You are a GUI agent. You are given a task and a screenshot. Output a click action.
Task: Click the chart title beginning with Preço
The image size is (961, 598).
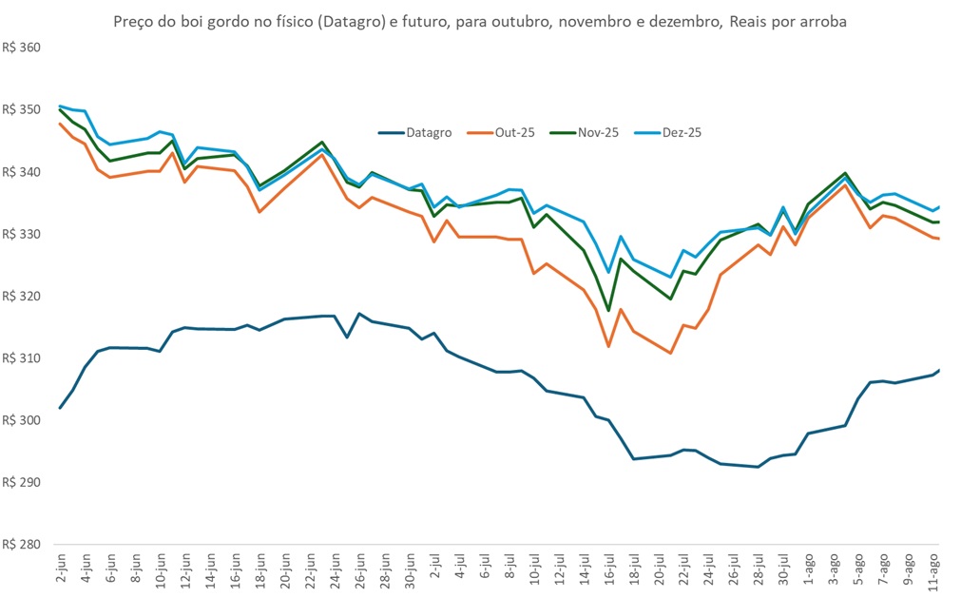(x=480, y=21)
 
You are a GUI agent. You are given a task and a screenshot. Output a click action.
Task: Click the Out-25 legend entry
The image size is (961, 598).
(x=514, y=133)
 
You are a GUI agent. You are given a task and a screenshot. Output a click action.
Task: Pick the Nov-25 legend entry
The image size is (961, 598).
(x=598, y=133)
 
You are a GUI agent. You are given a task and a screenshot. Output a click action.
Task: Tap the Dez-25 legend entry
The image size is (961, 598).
(x=681, y=133)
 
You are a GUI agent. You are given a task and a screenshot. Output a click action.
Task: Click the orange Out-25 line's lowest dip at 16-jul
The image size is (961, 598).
(x=608, y=346)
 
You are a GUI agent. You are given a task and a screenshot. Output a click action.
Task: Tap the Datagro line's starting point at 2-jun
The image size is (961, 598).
(x=60, y=408)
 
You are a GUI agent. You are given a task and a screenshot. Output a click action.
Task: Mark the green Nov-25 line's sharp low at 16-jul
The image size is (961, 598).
(x=608, y=311)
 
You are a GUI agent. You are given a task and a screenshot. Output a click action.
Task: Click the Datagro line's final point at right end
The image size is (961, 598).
(x=939, y=370)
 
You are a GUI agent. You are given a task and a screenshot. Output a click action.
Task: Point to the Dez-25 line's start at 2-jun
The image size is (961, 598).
(x=60, y=106)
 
